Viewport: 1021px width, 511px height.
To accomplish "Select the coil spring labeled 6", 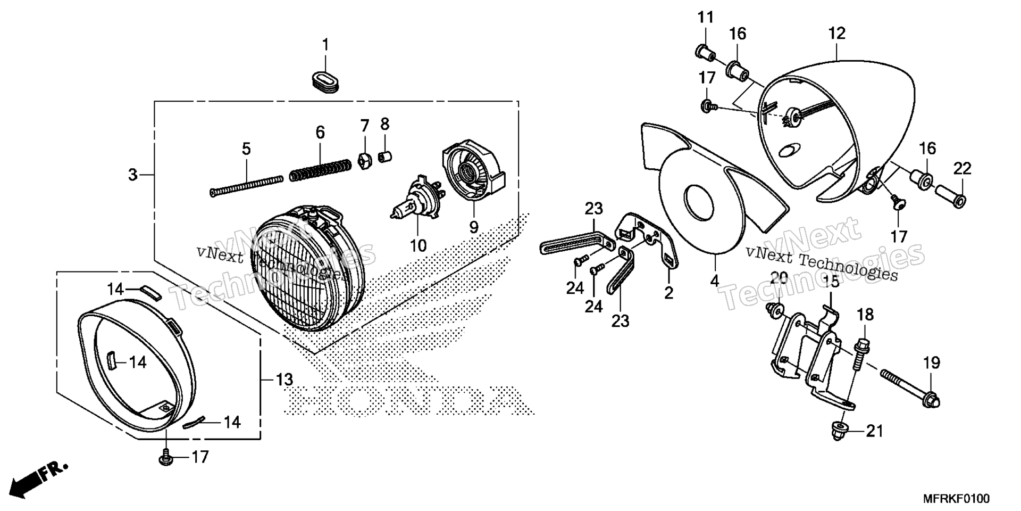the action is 320,170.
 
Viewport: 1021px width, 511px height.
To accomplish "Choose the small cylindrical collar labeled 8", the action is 384,157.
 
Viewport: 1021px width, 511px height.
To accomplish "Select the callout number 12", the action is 836,33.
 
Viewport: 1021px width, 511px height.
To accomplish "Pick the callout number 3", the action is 133,174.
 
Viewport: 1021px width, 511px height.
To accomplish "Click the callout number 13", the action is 284,380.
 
